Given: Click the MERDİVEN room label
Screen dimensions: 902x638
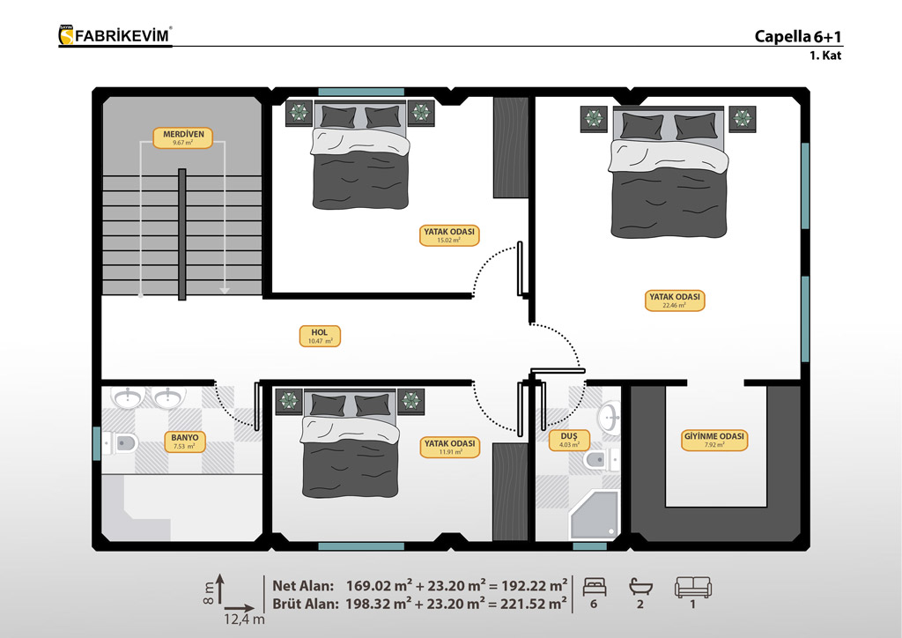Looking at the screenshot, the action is click(183, 138).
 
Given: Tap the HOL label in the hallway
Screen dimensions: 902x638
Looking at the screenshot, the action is click(320, 337).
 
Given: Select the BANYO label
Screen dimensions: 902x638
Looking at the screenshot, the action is click(184, 441).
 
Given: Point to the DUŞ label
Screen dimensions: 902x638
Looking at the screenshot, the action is click(569, 440).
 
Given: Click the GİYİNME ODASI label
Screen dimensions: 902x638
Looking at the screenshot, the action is click(713, 440).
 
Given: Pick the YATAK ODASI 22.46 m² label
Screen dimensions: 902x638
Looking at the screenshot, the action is click(675, 300).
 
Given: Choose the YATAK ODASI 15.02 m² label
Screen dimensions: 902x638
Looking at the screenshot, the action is click(448, 235).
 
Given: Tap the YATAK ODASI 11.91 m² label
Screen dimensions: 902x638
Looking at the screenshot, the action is click(450, 447).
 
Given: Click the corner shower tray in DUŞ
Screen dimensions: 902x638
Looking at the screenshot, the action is click(595, 516).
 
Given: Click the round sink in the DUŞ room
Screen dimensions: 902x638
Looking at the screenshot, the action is click(609, 417).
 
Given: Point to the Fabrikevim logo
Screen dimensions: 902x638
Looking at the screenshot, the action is click(115, 35).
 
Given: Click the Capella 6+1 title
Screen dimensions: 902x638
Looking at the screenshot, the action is click(798, 36).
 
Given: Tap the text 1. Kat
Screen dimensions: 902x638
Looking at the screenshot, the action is click(825, 56).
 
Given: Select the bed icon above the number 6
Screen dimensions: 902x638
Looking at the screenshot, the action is click(595, 587).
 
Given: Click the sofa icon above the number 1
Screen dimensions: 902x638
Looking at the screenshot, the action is click(692, 587).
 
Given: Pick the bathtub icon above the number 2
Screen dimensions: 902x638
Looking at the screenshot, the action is click(640, 587).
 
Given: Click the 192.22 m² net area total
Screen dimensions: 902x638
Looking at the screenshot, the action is click(535, 586).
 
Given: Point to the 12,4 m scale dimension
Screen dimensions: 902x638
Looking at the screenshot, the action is click(244, 619).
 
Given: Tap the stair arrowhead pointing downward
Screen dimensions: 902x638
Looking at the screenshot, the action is click(225, 291).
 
